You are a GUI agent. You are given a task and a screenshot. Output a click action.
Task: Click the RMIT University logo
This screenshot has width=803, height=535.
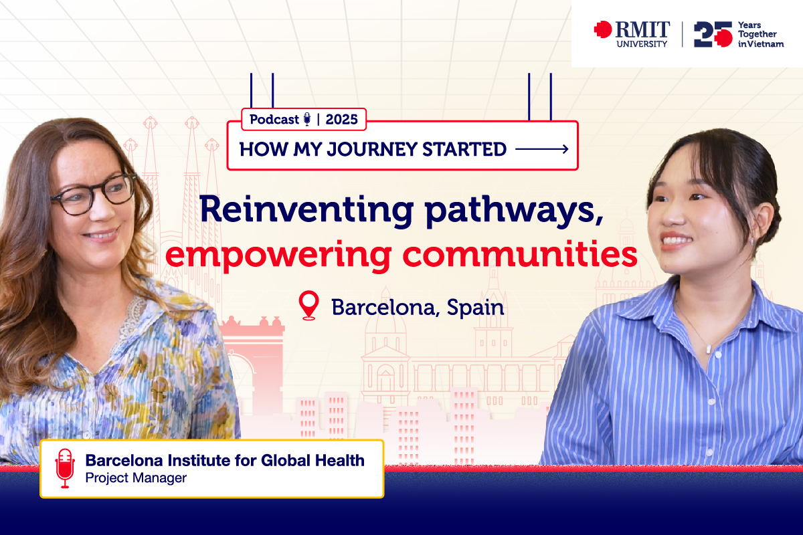(x=630, y=33)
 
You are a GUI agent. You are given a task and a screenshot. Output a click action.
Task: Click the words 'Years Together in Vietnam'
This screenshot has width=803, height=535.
(x=760, y=34)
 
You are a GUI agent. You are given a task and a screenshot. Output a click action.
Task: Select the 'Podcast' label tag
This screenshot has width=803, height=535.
(x=274, y=120)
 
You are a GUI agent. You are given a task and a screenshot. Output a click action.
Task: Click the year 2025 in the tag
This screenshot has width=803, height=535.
(x=342, y=120)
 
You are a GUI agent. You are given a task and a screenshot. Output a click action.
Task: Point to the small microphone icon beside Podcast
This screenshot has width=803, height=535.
(x=307, y=120)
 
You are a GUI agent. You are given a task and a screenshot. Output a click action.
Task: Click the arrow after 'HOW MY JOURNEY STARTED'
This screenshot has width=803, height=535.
(x=542, y=149)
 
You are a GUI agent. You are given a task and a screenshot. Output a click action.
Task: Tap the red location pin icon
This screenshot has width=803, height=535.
(x=308, y=306)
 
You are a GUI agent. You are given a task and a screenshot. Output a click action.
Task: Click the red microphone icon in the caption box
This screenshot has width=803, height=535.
(x=65, y=468)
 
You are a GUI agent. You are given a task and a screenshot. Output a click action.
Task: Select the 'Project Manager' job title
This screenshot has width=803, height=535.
(x=136, y=478)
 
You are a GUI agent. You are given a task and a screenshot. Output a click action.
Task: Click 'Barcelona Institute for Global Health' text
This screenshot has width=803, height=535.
(x=225, y=460)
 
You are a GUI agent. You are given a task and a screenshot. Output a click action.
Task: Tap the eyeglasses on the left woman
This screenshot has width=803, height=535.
(x=94, y=195)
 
